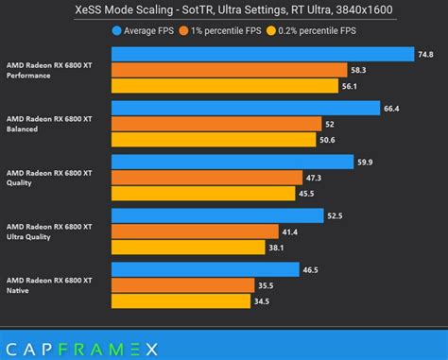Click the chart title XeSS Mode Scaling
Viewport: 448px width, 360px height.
tap(223, 11)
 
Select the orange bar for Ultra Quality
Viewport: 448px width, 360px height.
tap(195, 231)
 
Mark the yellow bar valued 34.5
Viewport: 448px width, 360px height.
tap(181, 301)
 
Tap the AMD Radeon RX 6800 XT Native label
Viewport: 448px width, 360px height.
tap(49, 286)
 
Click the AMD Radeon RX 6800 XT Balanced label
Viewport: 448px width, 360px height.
tap(49, 125)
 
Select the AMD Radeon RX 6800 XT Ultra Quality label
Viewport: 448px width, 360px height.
tap(49, 232)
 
